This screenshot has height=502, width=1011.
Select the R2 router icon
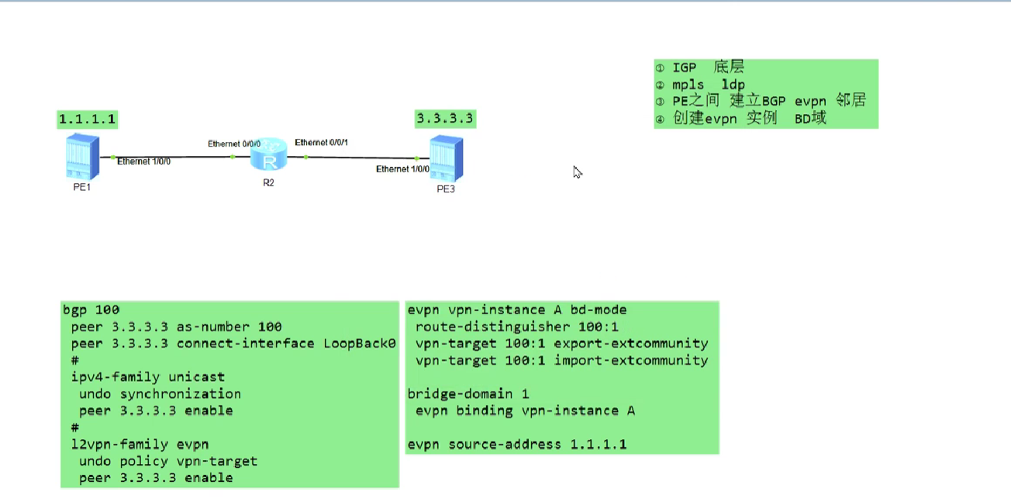[269, 155]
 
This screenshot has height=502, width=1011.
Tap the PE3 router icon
[446, 158]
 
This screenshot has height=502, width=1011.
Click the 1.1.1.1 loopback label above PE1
[88, 119]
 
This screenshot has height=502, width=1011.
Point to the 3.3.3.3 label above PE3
[445, 119]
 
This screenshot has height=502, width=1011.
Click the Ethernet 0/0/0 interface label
[234, 144]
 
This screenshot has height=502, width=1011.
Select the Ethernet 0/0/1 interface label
[321, 143]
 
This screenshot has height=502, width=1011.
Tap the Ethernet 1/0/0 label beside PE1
[143, 161]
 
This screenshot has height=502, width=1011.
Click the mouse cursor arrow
[577, 171]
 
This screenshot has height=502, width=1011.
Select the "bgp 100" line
[91, 310]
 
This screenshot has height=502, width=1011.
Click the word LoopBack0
[359, 344]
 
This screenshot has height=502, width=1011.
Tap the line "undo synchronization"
[160, 394]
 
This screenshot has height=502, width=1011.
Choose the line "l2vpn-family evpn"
[140, 445]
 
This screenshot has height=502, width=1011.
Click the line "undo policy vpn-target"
[167, 461]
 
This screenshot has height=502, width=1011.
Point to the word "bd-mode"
[599, 310]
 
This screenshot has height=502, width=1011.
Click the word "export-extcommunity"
[630, 344]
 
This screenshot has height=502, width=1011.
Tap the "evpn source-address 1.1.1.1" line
[517, 445]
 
